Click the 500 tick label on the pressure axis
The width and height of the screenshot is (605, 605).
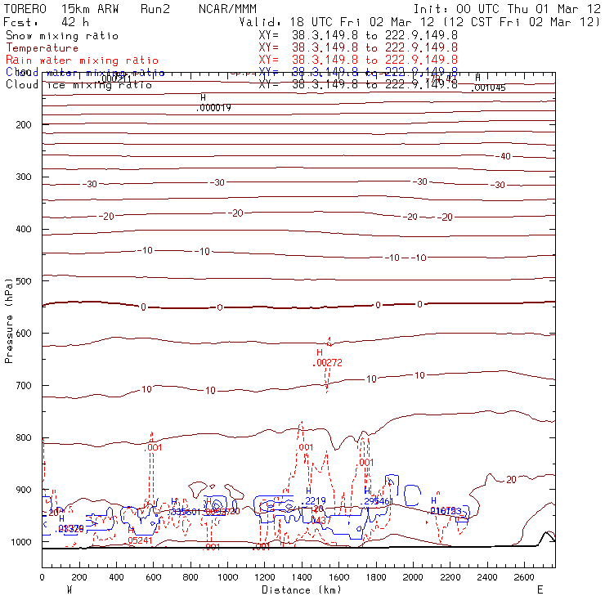[x=22, y=280]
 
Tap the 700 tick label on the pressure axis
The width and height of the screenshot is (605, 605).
[x=22, y=385]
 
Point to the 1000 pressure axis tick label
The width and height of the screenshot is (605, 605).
[x=20, y=542]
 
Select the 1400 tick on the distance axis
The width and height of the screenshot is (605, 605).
[x=302, y=577]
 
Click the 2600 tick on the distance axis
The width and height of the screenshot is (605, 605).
[x=524, y=577]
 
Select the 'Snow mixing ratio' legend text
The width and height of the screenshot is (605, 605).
[x=61, y=36]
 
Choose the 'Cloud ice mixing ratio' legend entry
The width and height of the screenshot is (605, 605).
[x=78, y=84]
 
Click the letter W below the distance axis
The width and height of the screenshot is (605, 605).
[x=69, y=589]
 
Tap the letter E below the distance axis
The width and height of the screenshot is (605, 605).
[x=540, y=589]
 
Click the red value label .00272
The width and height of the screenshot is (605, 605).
[x=328, y=362]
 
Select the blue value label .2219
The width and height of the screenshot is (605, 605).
[x=315, y=500]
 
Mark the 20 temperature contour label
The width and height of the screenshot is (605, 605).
[x=512, y=479]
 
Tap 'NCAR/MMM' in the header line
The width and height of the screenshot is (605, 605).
[x=227, y=8]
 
